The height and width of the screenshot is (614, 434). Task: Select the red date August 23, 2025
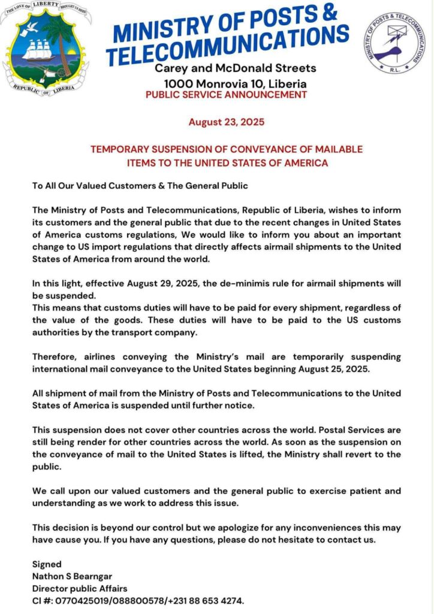click(226, 122)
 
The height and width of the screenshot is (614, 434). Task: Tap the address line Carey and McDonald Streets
click(235, 68)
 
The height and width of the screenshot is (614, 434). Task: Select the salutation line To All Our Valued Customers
click(140, 186)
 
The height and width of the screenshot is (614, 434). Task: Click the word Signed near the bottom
click(47, 564)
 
